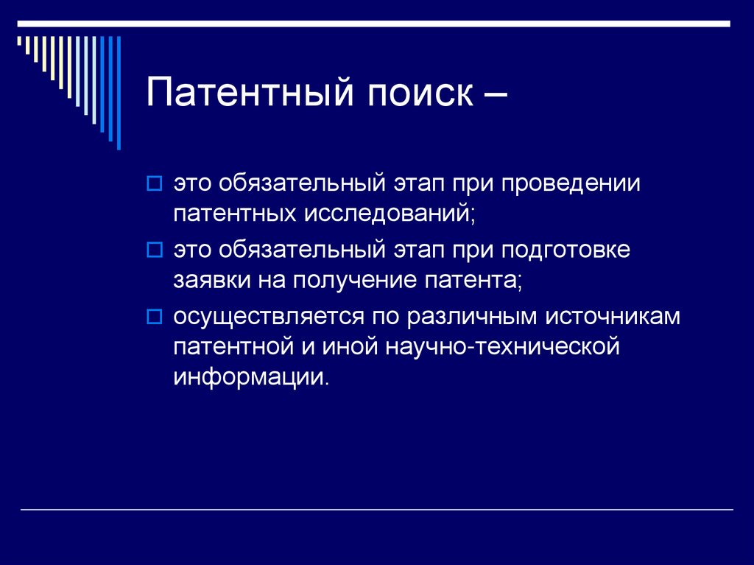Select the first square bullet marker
coord(154,183)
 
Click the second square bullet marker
coord(154,250)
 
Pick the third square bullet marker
coord(154,317)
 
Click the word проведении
coord(571,183)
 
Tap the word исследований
coord(387,214)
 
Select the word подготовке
coord(566,250)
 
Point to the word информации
coord(250,378)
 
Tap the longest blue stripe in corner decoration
coord(119,92)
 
